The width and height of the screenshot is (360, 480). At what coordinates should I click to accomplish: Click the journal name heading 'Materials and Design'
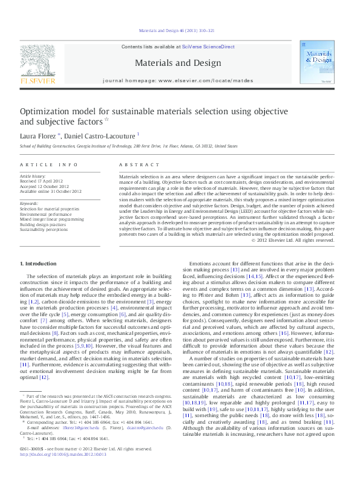(x=177, y=62)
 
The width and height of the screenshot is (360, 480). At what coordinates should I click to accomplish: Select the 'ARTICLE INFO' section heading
(x=49, y=164)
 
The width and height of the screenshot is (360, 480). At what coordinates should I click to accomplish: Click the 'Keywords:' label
(x=30, y=203)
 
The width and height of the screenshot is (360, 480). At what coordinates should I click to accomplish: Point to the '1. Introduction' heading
(x=39, y=264)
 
